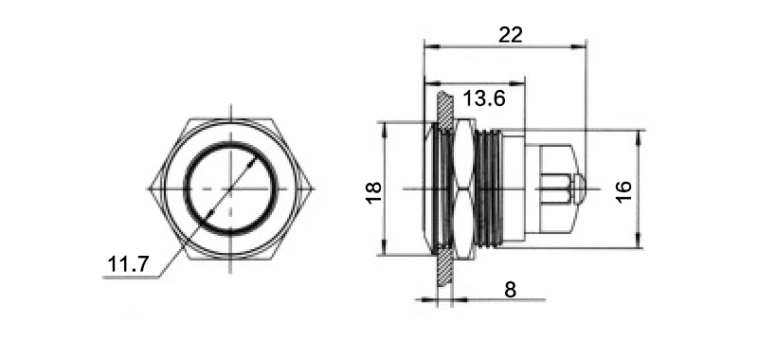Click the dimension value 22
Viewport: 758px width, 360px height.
pyautogui.click(x=511, y=35)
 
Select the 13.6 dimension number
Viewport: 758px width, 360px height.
pyautogui.click(x=484, y=99)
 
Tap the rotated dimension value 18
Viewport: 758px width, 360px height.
pyautogui.click(x=374, y=192)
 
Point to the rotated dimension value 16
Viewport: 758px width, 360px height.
pyautogui.click(x=623, y=191)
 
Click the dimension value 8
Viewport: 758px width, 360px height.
pyautogui.click(x=510, y=290)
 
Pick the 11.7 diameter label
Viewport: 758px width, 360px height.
pyautogui.click(x=128, y=264)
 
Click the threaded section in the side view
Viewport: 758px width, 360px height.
pyautogui.click(x=489, y=189)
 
